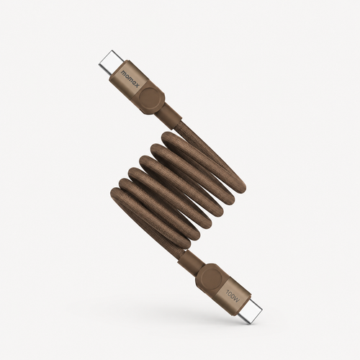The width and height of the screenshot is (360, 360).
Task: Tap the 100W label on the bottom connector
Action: pos(233,296)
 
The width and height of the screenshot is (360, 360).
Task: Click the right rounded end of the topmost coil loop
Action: pos(240,186)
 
